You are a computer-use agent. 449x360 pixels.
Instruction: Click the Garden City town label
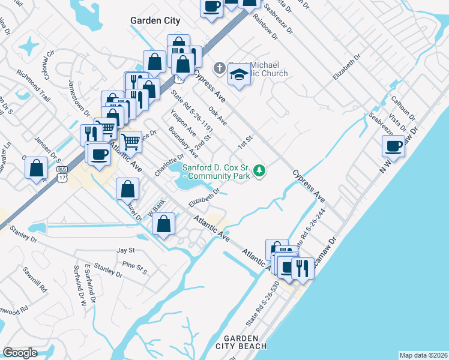click(x=155, y=20)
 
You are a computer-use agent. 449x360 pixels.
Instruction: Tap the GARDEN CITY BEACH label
click(x=245, y=342)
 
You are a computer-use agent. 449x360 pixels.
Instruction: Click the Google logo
click(x=20, y=353)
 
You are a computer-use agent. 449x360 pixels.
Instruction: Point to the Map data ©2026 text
click(x=423, y=355)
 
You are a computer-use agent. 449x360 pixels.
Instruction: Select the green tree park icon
click(x=259, y=172)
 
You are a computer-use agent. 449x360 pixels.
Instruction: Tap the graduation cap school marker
click(x=239, y=75)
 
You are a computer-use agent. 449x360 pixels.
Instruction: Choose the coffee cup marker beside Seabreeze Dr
click(x=394, y=146)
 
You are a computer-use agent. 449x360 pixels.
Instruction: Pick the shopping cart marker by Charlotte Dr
click(x=130, y=142)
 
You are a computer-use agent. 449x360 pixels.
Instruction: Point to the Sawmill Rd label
click(x=35, y=280)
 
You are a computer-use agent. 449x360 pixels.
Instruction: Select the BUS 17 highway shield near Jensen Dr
click(x=61, y=173)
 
